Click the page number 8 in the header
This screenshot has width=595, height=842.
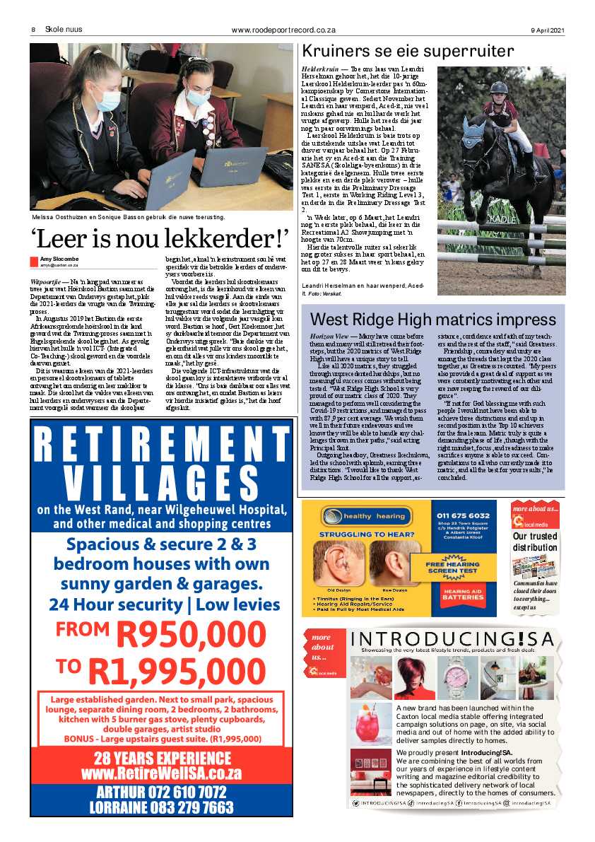point(33,30)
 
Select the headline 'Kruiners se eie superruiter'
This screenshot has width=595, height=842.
point(407,51)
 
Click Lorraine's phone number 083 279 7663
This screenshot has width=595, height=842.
point(161,807)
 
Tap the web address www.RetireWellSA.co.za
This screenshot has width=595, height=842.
point(161,773)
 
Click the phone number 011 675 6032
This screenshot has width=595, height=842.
point(463,515)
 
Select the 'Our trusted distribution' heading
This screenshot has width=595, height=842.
point(535,542)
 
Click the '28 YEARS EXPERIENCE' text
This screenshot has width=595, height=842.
point(161,757)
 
